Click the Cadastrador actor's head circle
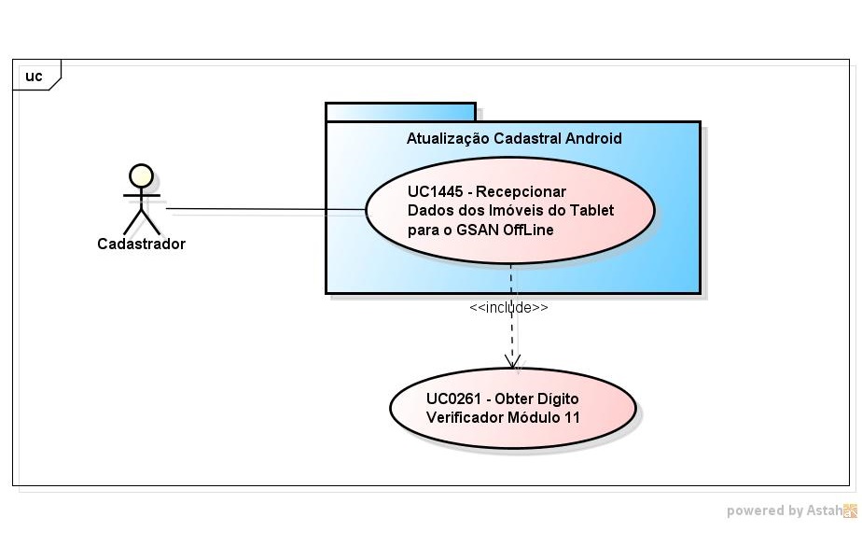141,175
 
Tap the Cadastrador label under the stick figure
141,245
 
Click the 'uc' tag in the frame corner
34,77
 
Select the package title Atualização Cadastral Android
514,138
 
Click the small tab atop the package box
400,112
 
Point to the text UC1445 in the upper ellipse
436,191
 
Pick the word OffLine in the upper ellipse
528,231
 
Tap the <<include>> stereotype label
508,307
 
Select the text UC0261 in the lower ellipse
454,398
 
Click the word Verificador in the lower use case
464,417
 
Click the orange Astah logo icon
850,510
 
